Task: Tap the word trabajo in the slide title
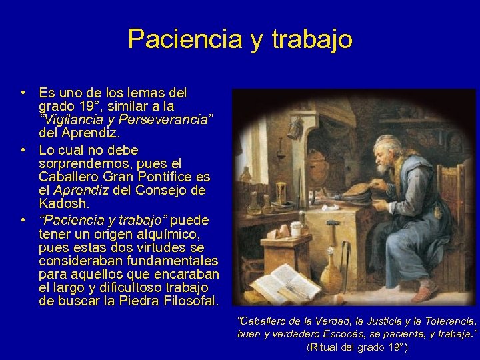pos(311,40)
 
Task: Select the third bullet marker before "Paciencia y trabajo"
pos(23,219)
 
